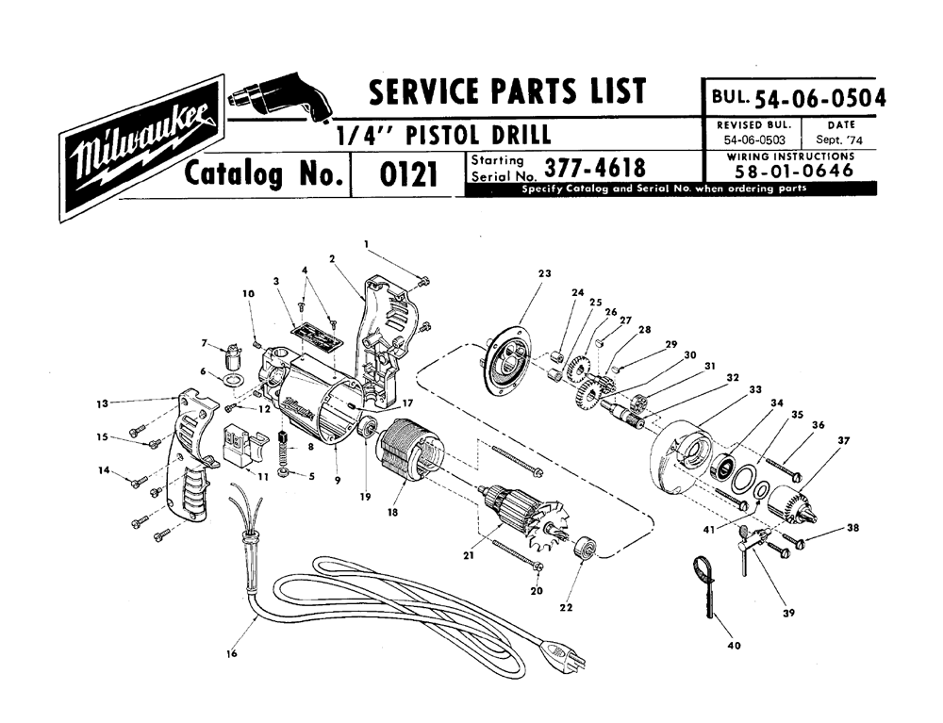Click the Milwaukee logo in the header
142,148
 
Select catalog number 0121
408,175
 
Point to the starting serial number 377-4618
595,169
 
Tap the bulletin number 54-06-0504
820,97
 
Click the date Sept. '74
839,140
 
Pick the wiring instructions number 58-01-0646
794,171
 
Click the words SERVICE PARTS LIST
507,90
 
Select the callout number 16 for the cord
232,654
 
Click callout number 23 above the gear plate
544,273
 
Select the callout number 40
734,646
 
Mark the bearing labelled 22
584,548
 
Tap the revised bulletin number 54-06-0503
754,140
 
